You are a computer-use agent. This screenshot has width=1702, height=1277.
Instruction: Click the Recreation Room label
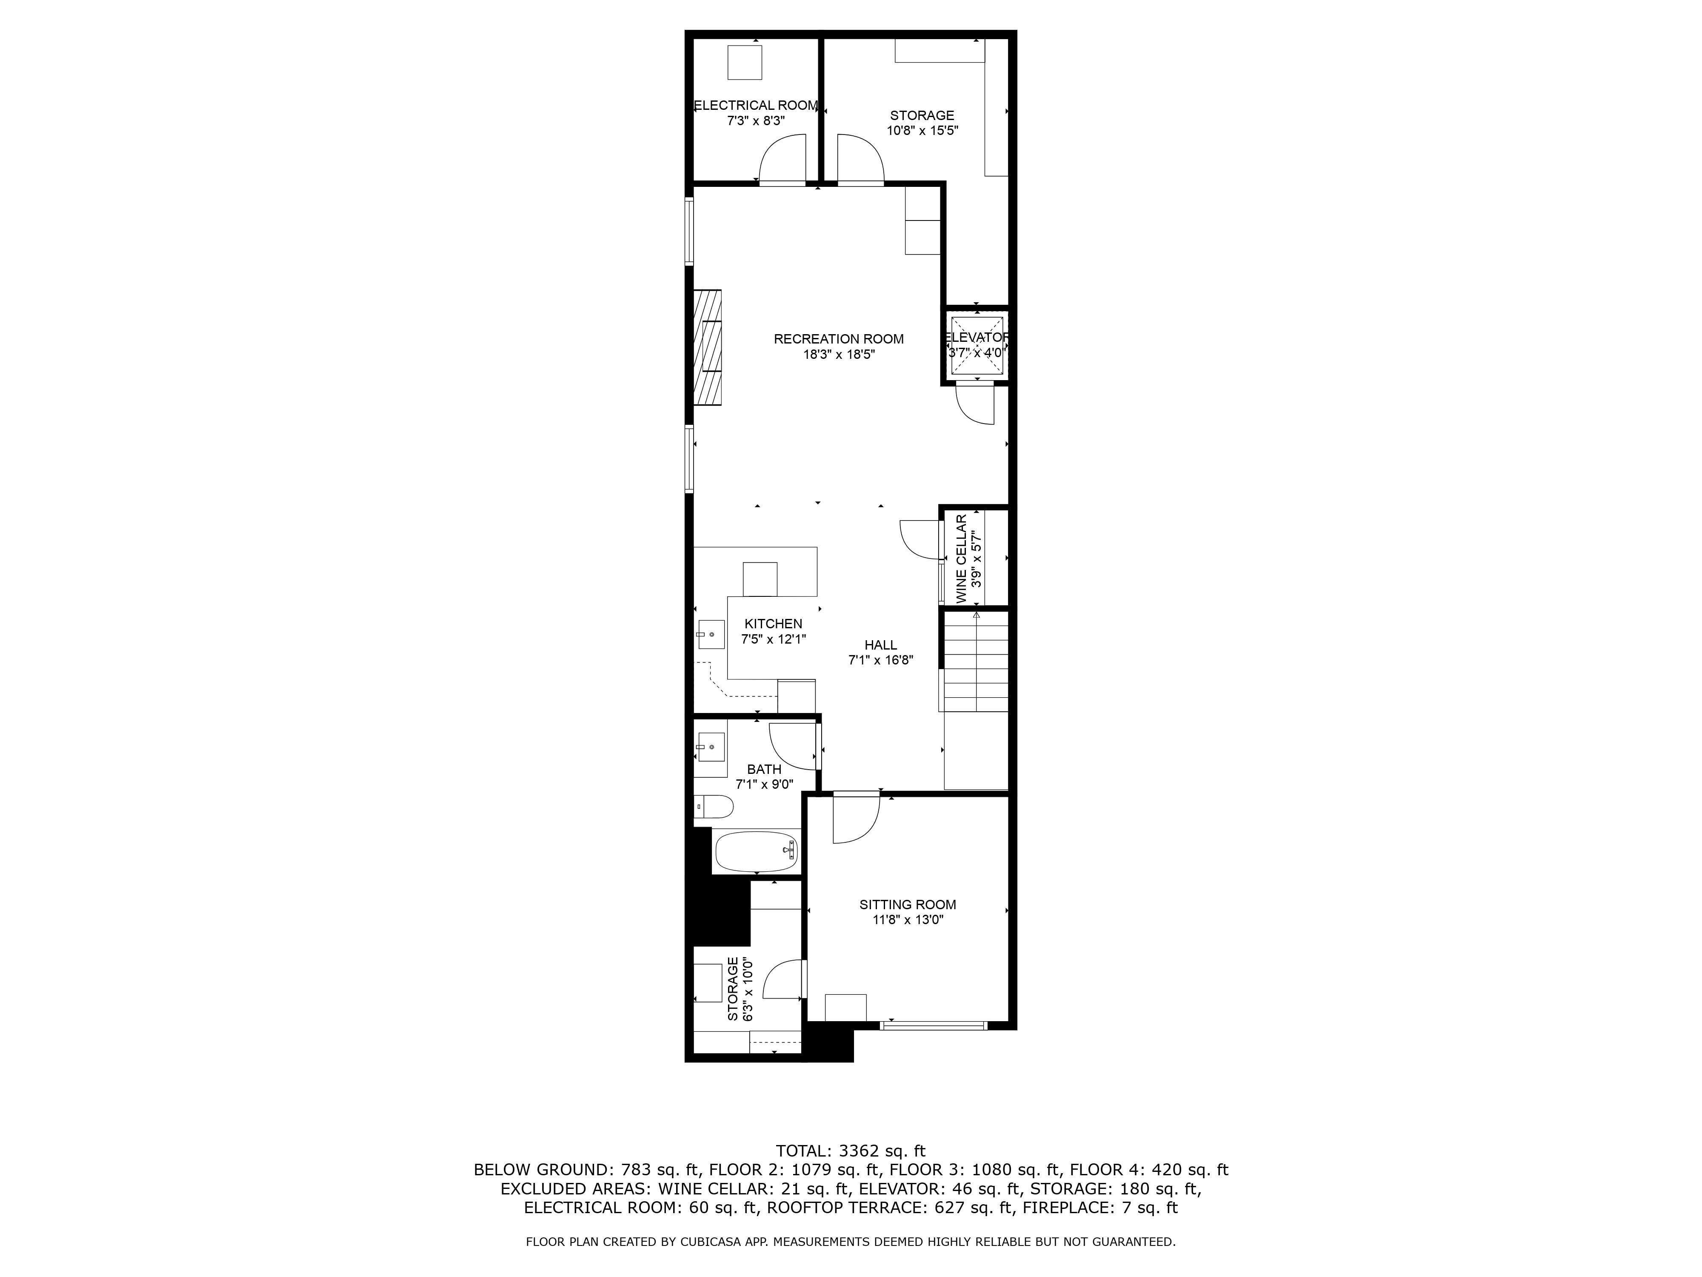pos(839,339)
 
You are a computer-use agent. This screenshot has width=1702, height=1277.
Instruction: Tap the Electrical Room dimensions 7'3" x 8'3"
pos(756,121)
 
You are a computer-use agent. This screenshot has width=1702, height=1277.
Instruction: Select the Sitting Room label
pos(908,905)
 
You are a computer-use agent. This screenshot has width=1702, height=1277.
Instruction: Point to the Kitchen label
pos(773,624)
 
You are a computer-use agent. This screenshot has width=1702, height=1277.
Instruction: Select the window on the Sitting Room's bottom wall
pos(933,1025)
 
